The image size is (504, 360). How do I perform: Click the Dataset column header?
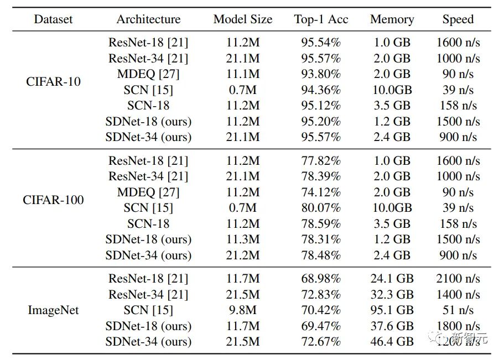pyautogui.click(x=53, y=19)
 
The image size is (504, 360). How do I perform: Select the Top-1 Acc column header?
pyautogui.click(x=321, y=19)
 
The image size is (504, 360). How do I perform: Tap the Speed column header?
pyautogui.click(x=458, y=19)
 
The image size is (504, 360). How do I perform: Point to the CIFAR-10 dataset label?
pyautogui.click(x=53, y=82)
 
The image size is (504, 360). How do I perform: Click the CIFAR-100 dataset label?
pyautogui.click(x=53, y=200)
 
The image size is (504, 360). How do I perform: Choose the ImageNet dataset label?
pyautogui.click(x=53, y=310)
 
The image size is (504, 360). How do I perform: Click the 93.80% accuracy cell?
pyautogui.click(x=321, y=74)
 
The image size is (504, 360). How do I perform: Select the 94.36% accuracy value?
pyautogui.click(x=321, y=90)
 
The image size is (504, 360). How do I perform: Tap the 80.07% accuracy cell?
pyautogui.click(x=321, y=208)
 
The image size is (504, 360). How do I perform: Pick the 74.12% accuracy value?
pyautogui.click(x=321, y=192)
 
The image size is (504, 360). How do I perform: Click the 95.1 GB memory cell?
pyautogui.click(x=392, y=310)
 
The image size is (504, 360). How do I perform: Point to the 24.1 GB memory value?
pyautogui.click(x=392, y=279)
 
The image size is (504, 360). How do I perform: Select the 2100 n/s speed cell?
pyautogui.click(x=458, y=279)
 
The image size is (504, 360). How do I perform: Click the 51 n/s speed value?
pyautogui.click(x=458, y=310)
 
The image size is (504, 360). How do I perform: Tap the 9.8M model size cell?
pyautogui.click(x=243, y=310)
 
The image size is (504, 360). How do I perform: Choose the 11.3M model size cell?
pyautogui.click(x=243, y=239)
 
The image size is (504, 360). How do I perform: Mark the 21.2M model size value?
pyautogui.click(x=243, y=255)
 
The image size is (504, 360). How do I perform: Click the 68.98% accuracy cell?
pyautogui.click(x=321, y=279)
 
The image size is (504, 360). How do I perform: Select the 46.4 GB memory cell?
pyautogui.click(x=392, y=342)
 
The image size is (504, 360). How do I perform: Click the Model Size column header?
pyautogui.click(x=243, y=19)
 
